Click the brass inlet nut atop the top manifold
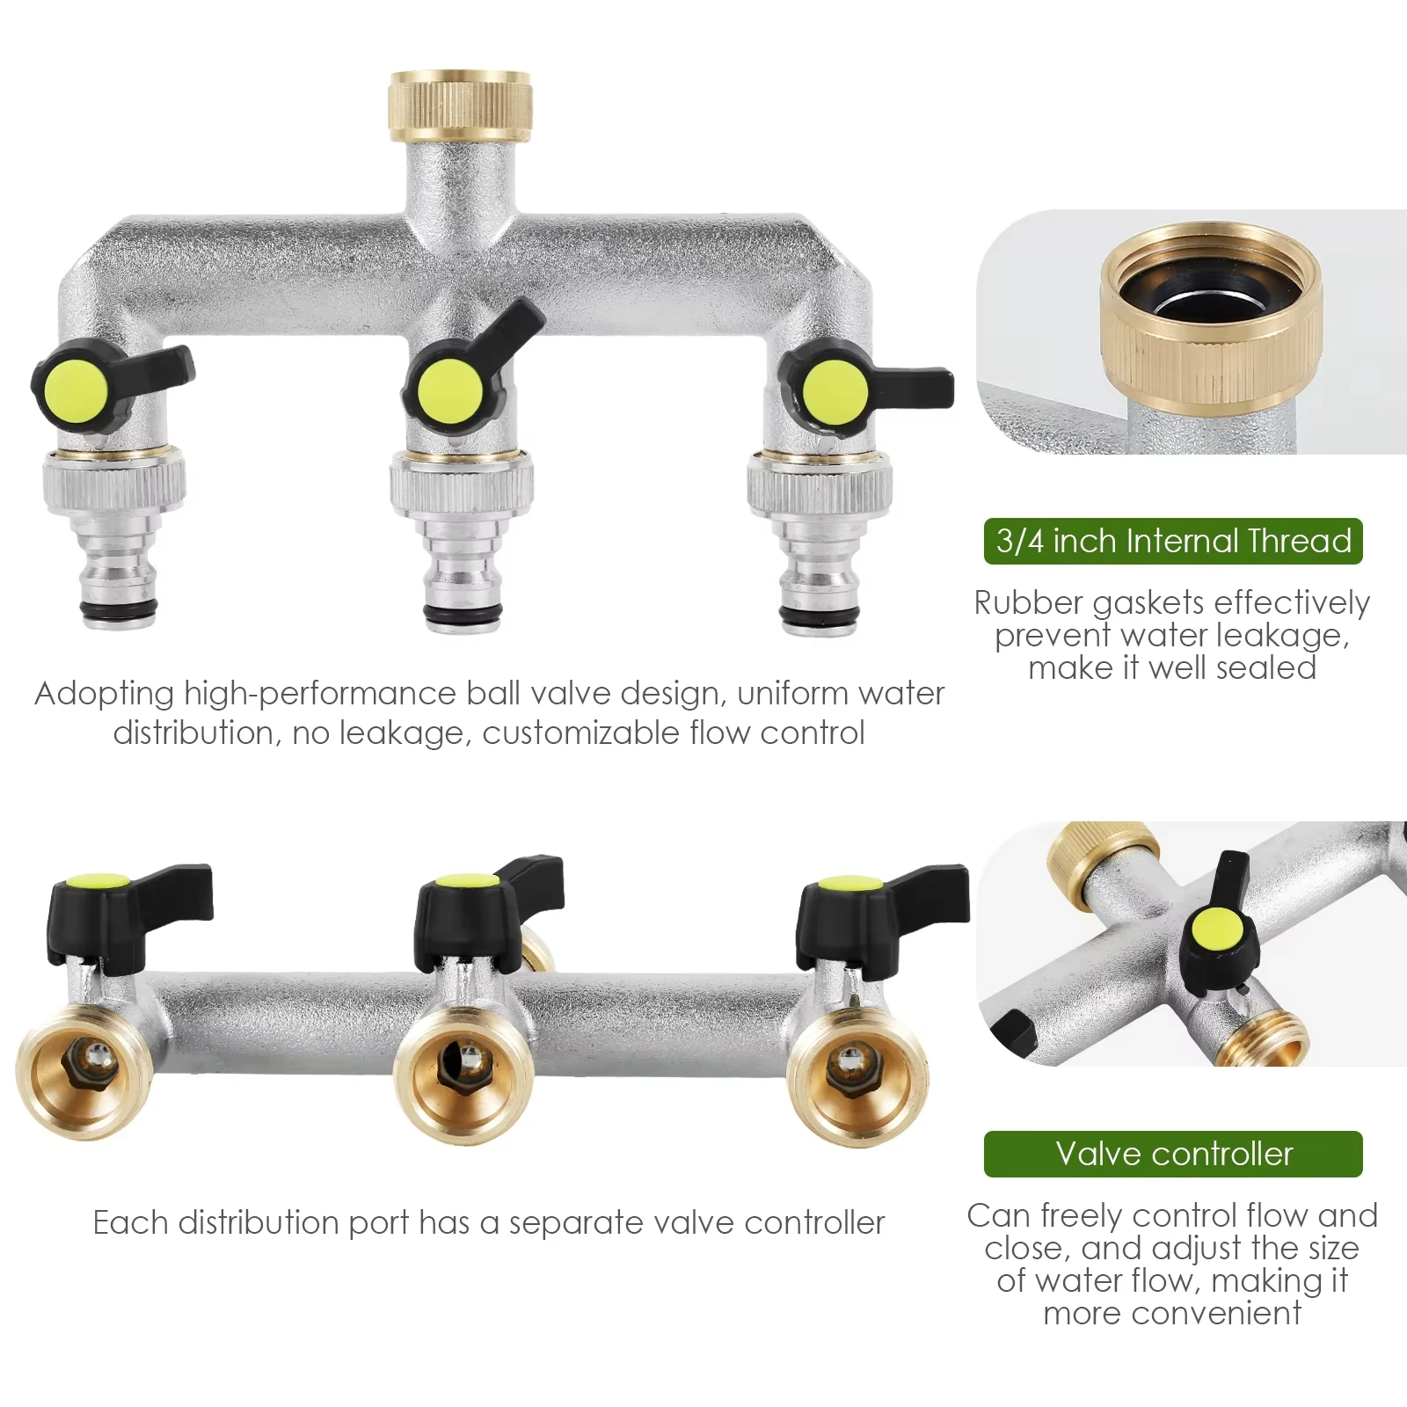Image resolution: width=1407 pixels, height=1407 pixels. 460,106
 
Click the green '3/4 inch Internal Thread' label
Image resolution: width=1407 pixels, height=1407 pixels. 1173,541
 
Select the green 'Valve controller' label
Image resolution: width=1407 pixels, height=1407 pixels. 1173,1154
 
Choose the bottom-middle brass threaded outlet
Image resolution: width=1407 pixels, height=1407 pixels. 463,1079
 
